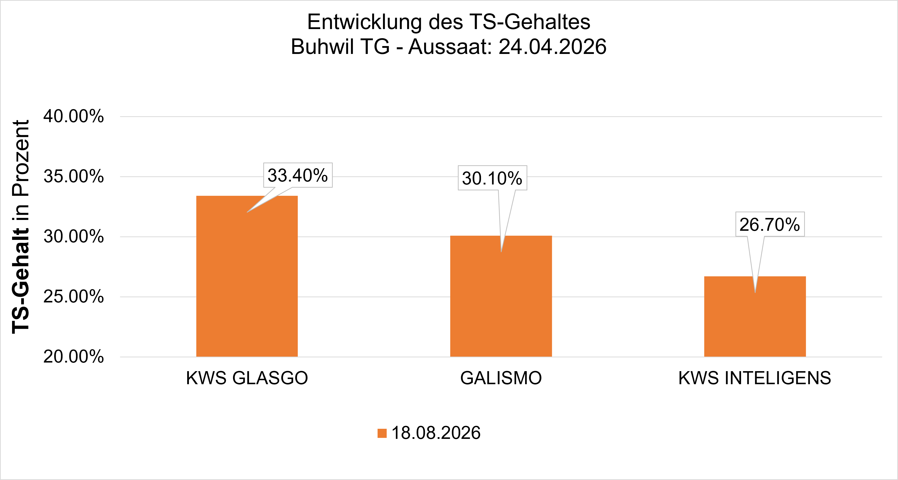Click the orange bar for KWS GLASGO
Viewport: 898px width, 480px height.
247,276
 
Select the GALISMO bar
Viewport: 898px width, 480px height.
501,296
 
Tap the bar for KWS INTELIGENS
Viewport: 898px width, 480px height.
755,316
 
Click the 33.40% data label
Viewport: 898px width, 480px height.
298,175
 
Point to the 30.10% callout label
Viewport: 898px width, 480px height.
492,178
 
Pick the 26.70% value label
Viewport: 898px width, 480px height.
770,224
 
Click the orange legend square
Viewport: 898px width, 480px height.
382,433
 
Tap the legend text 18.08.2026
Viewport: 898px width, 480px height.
436,433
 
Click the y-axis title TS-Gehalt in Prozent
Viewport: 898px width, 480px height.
20,227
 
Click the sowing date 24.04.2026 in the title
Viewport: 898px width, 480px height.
552,47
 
